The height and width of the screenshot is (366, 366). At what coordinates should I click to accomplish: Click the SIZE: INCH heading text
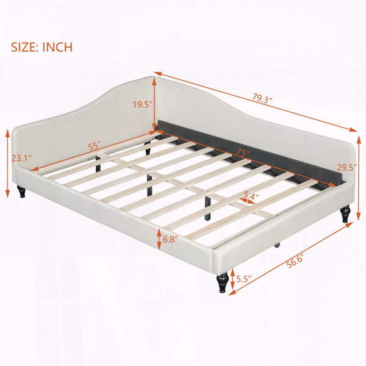coord(41,47)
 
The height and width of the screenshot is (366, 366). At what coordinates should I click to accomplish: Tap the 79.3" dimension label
coord(262,98)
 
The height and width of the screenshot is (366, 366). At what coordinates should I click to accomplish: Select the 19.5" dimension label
coord(143,104)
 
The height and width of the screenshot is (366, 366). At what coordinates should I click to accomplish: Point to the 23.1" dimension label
coord(21,159)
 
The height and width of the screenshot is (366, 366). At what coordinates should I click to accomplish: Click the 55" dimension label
coord(94,146)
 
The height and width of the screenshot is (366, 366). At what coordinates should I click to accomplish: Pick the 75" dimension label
coord(243,152)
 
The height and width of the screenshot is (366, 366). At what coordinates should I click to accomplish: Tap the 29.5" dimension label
coord(347,167)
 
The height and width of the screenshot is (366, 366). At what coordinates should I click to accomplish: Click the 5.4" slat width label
coord(251,195)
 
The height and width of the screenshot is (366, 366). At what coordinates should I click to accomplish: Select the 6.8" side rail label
coord(170,239)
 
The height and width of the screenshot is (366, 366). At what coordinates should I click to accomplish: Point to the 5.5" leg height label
coord(244,279)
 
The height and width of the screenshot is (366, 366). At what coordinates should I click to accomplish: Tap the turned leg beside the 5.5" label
coord(223,282)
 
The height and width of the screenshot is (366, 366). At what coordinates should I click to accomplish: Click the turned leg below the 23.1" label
coord(21,192)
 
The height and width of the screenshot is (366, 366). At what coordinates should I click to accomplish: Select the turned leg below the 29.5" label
coord(345,213)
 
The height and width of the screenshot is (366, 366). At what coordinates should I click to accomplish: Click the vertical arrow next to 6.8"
coord(159,239)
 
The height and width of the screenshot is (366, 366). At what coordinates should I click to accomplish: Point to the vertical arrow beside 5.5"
coord(232,279)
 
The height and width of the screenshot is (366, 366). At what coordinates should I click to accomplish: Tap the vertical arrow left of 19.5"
coord(154,104)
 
